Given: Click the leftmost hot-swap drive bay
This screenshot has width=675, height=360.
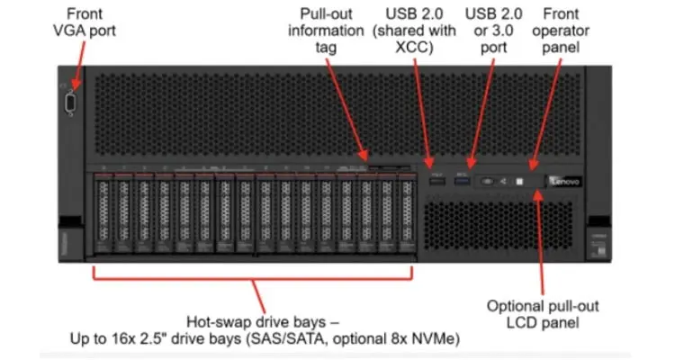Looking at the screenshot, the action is (x=103, y=216).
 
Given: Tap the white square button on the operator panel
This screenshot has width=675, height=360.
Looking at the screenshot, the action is (x=518, y=182).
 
